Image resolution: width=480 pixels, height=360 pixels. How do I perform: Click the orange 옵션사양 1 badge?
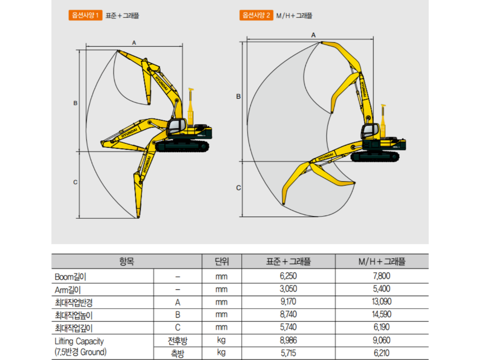click(x=85, y=16)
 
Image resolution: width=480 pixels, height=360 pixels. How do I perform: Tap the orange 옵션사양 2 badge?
click(x=256, y=16)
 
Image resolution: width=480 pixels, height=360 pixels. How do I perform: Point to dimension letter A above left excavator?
click(x=134, y=42)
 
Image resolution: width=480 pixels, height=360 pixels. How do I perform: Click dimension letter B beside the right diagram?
click(x=238, y=96)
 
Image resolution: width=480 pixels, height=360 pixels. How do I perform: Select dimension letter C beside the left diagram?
click(x=75, y=182)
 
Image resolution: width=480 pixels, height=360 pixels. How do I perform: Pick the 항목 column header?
click(x=126, y=262)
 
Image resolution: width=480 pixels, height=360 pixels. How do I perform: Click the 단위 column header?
click(x=221, y=262)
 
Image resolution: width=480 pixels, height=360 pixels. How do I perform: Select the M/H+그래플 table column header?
click(x=382, y=262)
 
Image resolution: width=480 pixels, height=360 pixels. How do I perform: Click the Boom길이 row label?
click(x=70, y=276)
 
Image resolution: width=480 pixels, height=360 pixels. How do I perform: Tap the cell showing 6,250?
click(x=288, y=276)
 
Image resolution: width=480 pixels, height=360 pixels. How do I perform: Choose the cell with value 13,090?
click(x=382, y=302)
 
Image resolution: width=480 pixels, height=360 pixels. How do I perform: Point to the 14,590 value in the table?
click(x=382, y=315)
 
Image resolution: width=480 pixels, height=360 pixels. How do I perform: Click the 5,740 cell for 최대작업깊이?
click(x=288, y=328)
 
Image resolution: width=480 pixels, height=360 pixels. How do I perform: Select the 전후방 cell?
click(x=177, y=341)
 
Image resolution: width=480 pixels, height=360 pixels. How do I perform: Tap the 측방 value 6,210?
click(x=382, y=353)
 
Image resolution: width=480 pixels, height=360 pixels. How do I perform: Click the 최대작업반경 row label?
click(x=73, y=302)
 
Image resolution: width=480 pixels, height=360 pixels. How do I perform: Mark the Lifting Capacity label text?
click(x=79, y=341)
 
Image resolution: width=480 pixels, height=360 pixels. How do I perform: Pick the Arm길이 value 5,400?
click(x=382, y=289)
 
